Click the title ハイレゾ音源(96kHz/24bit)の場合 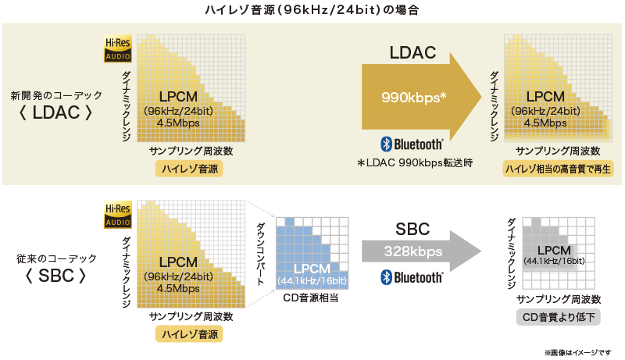tap(312, 11)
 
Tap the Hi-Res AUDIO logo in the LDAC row tap(119, 48)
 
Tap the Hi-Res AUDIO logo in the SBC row tap(119, 214)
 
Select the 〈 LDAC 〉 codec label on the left tap(57, 112)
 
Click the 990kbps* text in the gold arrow tap(414, 98)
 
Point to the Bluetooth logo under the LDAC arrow tap(412, 144)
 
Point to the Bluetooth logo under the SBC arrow tap(412, 277)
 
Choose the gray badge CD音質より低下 tap(557, 317)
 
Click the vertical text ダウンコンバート tap(261, 255)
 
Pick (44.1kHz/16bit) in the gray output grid tap(555, 261)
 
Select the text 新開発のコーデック tap(56, 94)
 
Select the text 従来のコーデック tap(56, 258)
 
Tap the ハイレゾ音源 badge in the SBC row tap(189, 333)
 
